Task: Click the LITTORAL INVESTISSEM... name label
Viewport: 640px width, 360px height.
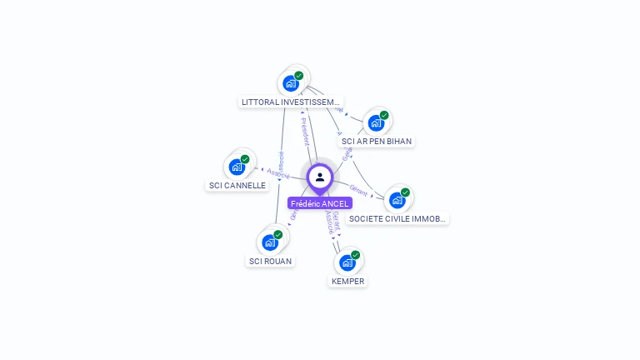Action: click(290, 102)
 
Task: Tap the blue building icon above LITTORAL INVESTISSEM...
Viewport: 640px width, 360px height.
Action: click(290, 83)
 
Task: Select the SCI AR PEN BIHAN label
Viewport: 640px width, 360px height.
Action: click(377, 142)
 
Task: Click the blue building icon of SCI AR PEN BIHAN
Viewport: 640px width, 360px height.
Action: click(376, 123)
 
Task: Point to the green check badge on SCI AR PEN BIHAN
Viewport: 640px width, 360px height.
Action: click(384, 115)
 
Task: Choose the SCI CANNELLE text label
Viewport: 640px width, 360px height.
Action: click(237, 185)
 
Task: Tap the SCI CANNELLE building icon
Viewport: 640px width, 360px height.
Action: click(237, 167)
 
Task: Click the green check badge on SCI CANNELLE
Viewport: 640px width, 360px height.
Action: click(245, 158)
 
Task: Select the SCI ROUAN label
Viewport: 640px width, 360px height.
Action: click(271, 261)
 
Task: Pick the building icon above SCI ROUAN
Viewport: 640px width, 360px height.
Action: click(270, 242)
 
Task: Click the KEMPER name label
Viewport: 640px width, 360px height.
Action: click(347, 281)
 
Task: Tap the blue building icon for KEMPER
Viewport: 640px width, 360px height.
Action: click(347, 262)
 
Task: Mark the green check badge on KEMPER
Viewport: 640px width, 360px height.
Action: click(356, 254)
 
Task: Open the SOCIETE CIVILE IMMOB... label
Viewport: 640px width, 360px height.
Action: click(397, 218)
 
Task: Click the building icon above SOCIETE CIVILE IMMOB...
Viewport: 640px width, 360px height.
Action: click(397, 200)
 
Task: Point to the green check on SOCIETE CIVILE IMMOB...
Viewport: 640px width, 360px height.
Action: click(405, 192)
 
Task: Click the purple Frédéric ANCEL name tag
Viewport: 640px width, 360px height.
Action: click(320, 203)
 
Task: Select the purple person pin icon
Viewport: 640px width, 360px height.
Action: click(320, 177)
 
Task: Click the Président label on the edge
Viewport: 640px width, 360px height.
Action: click(305, 131)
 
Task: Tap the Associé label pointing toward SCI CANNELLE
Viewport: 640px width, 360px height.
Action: click(278, 173)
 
